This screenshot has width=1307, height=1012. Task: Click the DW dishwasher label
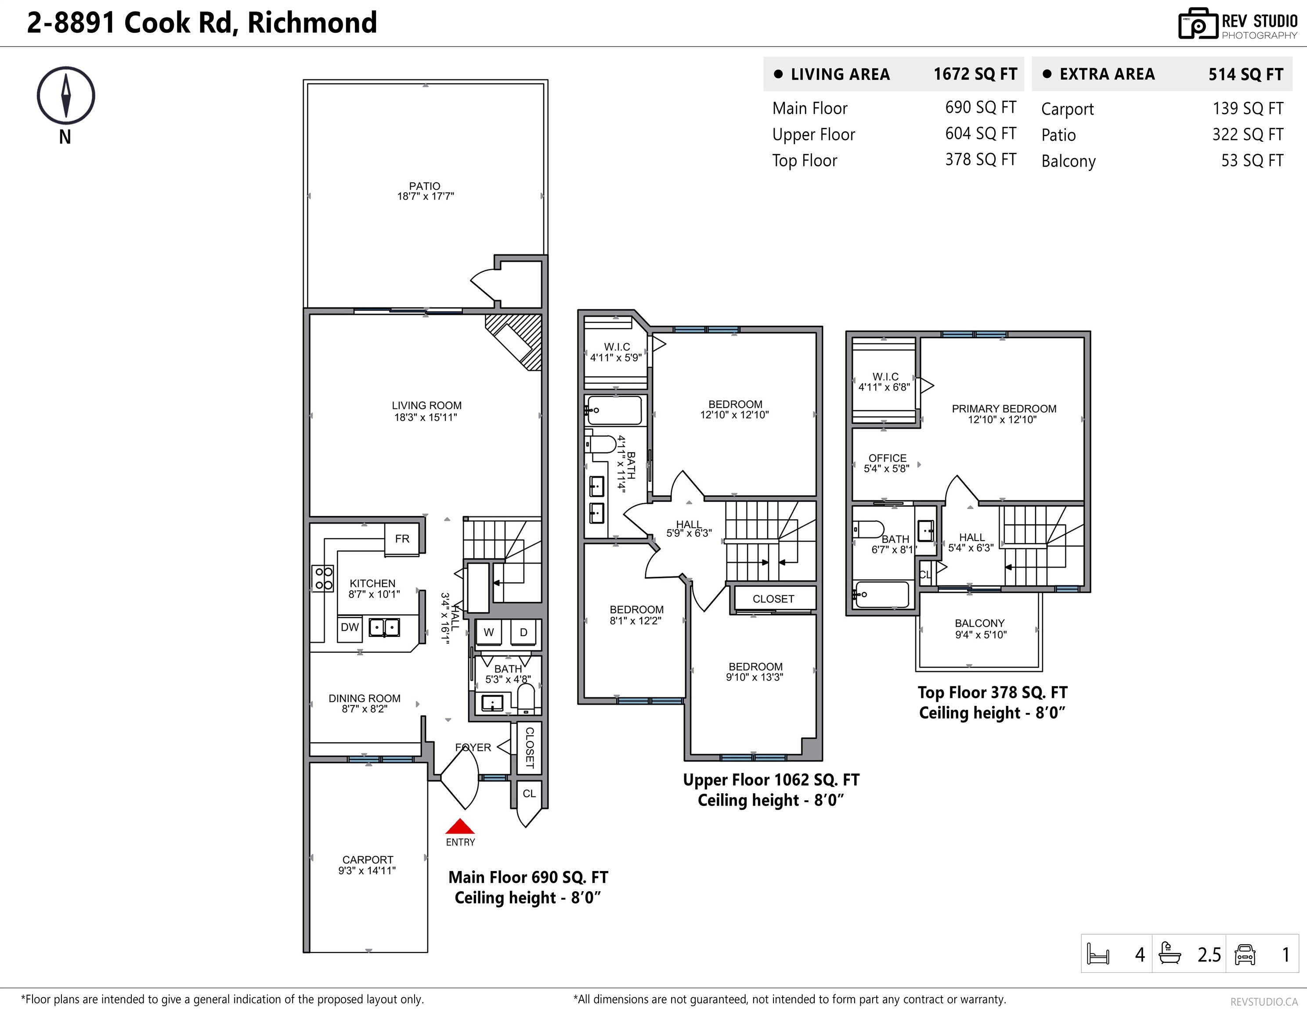pos(350,628)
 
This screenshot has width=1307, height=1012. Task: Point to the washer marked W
pos(489,632)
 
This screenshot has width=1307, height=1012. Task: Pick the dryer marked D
pos(524,632)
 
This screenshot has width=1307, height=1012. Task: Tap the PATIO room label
pos(425,186)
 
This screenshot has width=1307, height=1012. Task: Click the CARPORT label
pos(368,860)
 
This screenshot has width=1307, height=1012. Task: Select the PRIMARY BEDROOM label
pos(1004,409)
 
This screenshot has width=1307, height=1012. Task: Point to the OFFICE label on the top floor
pos(888,458)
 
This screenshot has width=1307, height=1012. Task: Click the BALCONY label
pos(980,623)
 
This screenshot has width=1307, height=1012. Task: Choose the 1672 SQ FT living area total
pos(975,74)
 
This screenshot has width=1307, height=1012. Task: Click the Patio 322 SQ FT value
pos(1248,135)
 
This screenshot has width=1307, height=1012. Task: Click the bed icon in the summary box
pos(1098,954)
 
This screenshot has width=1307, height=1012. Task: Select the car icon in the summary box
pos(1245,954)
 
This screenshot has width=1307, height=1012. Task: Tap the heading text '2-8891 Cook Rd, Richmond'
pos(202,23)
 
